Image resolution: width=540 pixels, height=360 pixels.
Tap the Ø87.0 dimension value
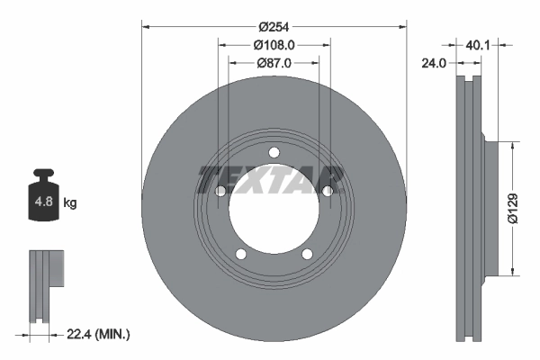(x=274, y=64)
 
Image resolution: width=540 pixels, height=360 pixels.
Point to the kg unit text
(x=70, y=203)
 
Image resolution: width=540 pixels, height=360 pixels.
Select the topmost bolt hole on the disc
(x=274, y=152)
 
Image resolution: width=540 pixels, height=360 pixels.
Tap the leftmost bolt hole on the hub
(x=220, y=191)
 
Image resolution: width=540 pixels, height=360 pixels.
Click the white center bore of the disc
(x=274, y=208)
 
